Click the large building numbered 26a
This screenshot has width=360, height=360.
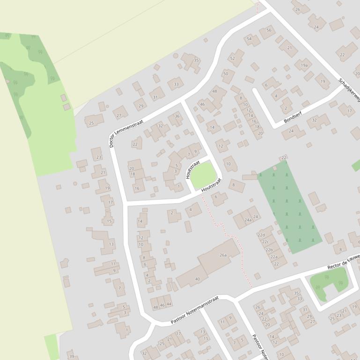coord(223,255)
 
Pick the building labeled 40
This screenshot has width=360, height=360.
coord(198,279)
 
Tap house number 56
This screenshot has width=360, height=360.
coord(269,30)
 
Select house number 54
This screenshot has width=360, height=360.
coord(249,39)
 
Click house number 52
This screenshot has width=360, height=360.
coord(232,58)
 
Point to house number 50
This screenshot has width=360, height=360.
coord(226,74)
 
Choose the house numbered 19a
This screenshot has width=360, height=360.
coord(304,65)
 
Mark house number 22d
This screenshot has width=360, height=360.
coord(261,235)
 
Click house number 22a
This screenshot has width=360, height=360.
coord(274,257)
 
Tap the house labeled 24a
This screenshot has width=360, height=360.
coord(248,220)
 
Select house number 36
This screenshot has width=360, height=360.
coord(177,116)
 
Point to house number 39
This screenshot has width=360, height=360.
coord(72,356)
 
